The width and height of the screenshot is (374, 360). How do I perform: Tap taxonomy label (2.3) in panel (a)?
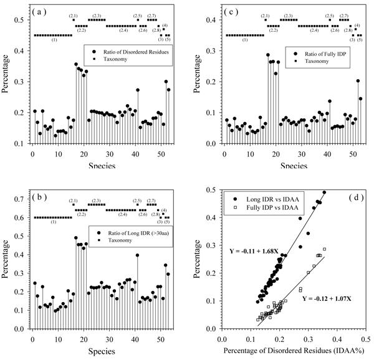[x=97, y=15]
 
